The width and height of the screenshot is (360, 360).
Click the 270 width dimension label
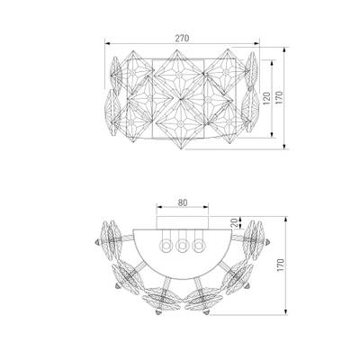click(183, 39)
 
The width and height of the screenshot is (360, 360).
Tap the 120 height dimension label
click(266, 98)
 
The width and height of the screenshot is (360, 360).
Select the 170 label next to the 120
click(279, 98)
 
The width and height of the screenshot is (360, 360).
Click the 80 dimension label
click(183, 202)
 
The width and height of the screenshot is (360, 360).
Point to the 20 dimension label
click(236, 222)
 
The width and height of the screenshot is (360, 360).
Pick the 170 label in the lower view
click(280, 265)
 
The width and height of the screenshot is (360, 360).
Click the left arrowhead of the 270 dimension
click(107, 44)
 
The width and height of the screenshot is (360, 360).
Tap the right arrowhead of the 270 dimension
click(256, 44)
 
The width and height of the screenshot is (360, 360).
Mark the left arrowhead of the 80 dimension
click(159, 207)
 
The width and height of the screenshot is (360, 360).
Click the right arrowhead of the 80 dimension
click(205, 207)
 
